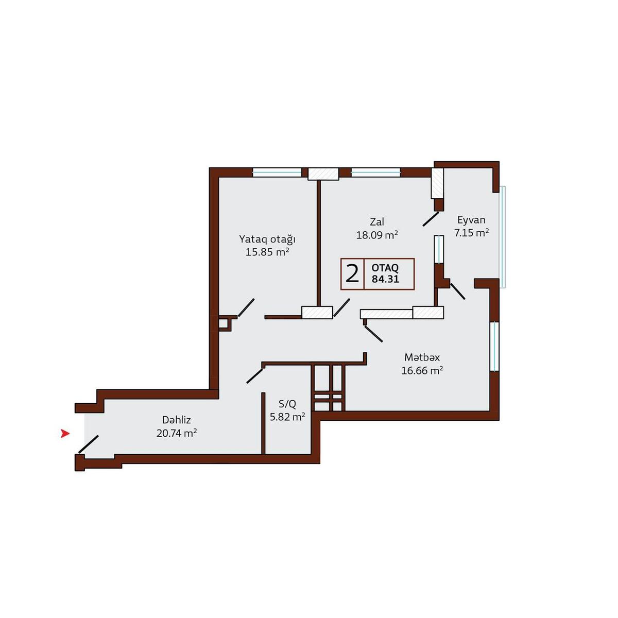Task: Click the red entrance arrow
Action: [65, 434]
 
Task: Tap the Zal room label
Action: [377, 221]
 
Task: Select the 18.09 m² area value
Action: [377, 235]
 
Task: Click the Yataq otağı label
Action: [267, 239]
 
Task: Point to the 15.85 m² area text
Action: [267, 252]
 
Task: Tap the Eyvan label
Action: [471, 220]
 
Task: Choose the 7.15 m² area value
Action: [471, 232]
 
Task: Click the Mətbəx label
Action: [422, 357]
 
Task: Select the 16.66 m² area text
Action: [422, 371]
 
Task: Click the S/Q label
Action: [287, 404]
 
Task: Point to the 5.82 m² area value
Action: [287, 417]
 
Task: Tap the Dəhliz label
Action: [177, 420]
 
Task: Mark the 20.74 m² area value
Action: [177, 433]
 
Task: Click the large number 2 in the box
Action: [352, 274]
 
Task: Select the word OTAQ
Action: [385, 268]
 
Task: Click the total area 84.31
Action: [385, 279]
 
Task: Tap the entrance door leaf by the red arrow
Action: [89, 444]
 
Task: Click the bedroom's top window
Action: [277, 173]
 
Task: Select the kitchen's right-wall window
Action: [494, 347]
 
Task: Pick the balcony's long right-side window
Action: [502, 237]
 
